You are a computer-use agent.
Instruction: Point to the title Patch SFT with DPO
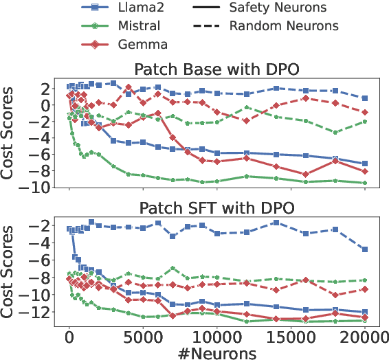tap(216, 207)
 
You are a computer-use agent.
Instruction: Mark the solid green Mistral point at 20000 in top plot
tap(364, 183)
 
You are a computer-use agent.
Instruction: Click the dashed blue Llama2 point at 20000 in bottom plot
tap(364, 249)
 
